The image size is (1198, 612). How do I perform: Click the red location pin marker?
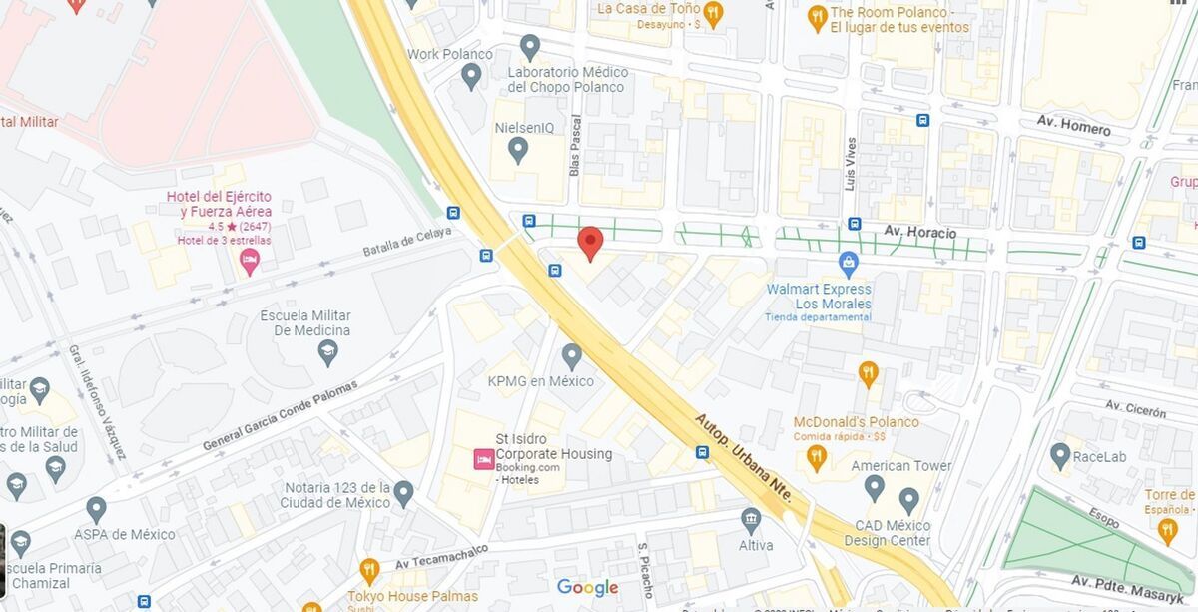pyautogui.click(x=590, y=241)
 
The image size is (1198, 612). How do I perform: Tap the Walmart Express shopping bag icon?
pyautogui.click(x=849, y=265)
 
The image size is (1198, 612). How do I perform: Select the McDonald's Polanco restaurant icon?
pyautogui.click(x=868, y=374)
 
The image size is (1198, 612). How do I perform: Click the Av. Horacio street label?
pyautogui.click(x=919, y=233)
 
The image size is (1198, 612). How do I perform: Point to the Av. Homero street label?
pyautogui.click(x=1073, y=125)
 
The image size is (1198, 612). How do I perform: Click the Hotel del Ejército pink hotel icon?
pyautogui.click(x=250, y=263)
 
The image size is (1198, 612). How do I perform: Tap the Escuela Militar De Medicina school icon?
pyautogui.click(x=327, y=352)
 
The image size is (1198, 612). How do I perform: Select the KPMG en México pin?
pyautogui.click(x=571, y=355)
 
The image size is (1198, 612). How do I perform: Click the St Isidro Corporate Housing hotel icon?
pyautogui.click(x=482, y=460)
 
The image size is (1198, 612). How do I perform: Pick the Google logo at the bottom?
pyautogui.click(x=587, y=588)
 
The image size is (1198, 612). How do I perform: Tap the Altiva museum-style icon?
pyautogui.click(x=751, y=520)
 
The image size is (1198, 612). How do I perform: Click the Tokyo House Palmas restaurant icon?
pyautogui.click(x=369, y=571)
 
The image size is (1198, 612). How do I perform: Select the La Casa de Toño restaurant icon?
pyautogui.click(x=712, y=13)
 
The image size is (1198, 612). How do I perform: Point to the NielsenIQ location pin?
pyautogui.click(x=517, y=151)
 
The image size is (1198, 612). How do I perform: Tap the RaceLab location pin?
pyautogui.click(x=1060, y=456)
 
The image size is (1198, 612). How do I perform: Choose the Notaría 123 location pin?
pyautogui.click(x=403, y=493)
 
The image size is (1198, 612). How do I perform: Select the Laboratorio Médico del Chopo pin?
pyautogui.click(x=530, y=46)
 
